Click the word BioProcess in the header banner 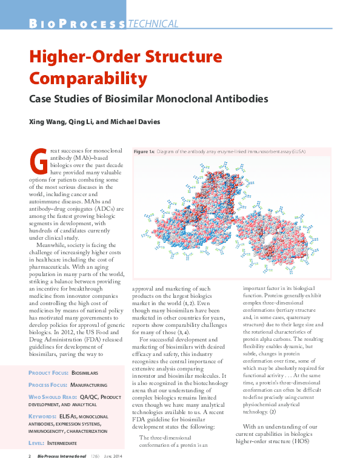(77, 24)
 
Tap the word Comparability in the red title (88, 79)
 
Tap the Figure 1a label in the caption (144, 150)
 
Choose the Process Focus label (47, 384)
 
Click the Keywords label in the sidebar (42, 417)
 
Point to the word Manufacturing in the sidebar (90, 384)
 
